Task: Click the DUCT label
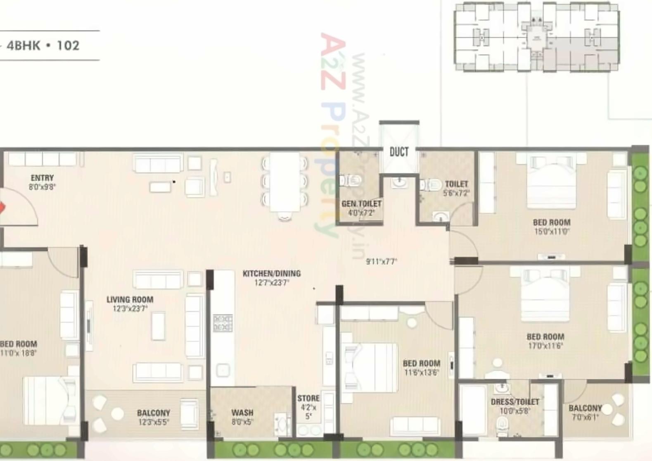399,152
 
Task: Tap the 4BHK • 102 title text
43,45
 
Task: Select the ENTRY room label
42,178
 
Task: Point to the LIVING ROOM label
130,299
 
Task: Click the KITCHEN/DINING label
271,273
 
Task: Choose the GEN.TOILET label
361,204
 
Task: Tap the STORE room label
308,398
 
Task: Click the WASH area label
242,413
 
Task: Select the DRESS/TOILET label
514,402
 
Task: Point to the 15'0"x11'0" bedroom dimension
551,232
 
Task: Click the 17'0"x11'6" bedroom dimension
545,346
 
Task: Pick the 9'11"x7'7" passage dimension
381,261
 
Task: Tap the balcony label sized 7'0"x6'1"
585,408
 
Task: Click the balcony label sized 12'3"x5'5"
153,413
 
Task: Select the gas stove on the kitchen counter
223,323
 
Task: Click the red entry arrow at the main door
2,207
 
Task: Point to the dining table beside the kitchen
285,182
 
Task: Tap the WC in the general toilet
350,180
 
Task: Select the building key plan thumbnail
536,37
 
